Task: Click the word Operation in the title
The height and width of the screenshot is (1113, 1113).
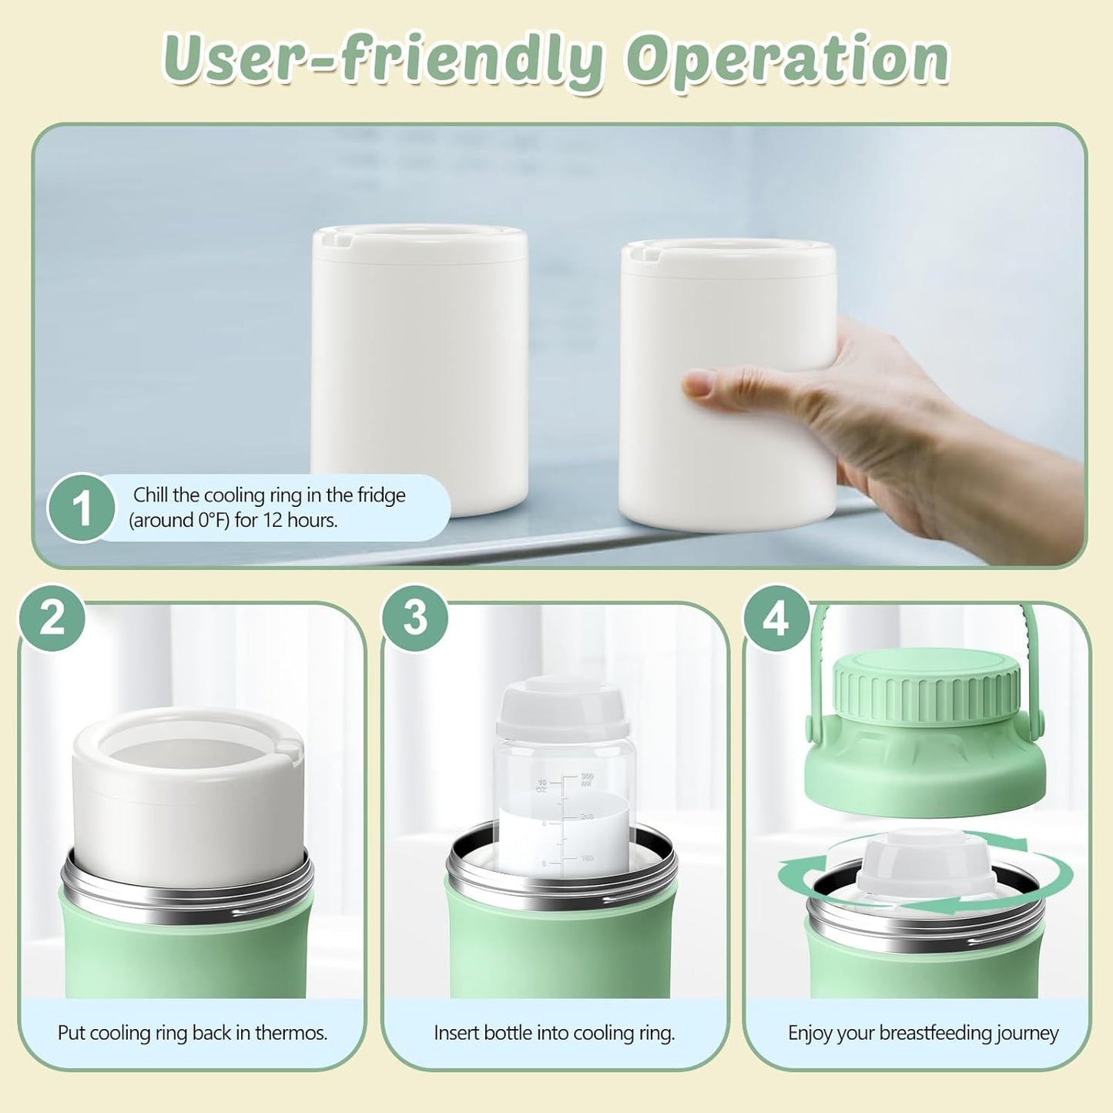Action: click(787, 59)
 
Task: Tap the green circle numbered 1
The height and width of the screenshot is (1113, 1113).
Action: click(81, 508)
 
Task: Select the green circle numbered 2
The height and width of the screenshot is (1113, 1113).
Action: click(52, 618)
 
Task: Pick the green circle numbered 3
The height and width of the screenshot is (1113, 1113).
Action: click(415, 618)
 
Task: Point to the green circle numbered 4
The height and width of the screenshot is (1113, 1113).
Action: click(776, 618)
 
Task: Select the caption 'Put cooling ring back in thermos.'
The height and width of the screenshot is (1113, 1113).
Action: click(193, 1033)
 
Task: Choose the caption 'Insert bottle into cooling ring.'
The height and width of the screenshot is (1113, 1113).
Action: click(555, 1033)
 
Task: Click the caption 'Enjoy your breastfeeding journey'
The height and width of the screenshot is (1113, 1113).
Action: click(923, 1033)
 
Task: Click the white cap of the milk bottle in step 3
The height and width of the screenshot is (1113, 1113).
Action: click(562, 709)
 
